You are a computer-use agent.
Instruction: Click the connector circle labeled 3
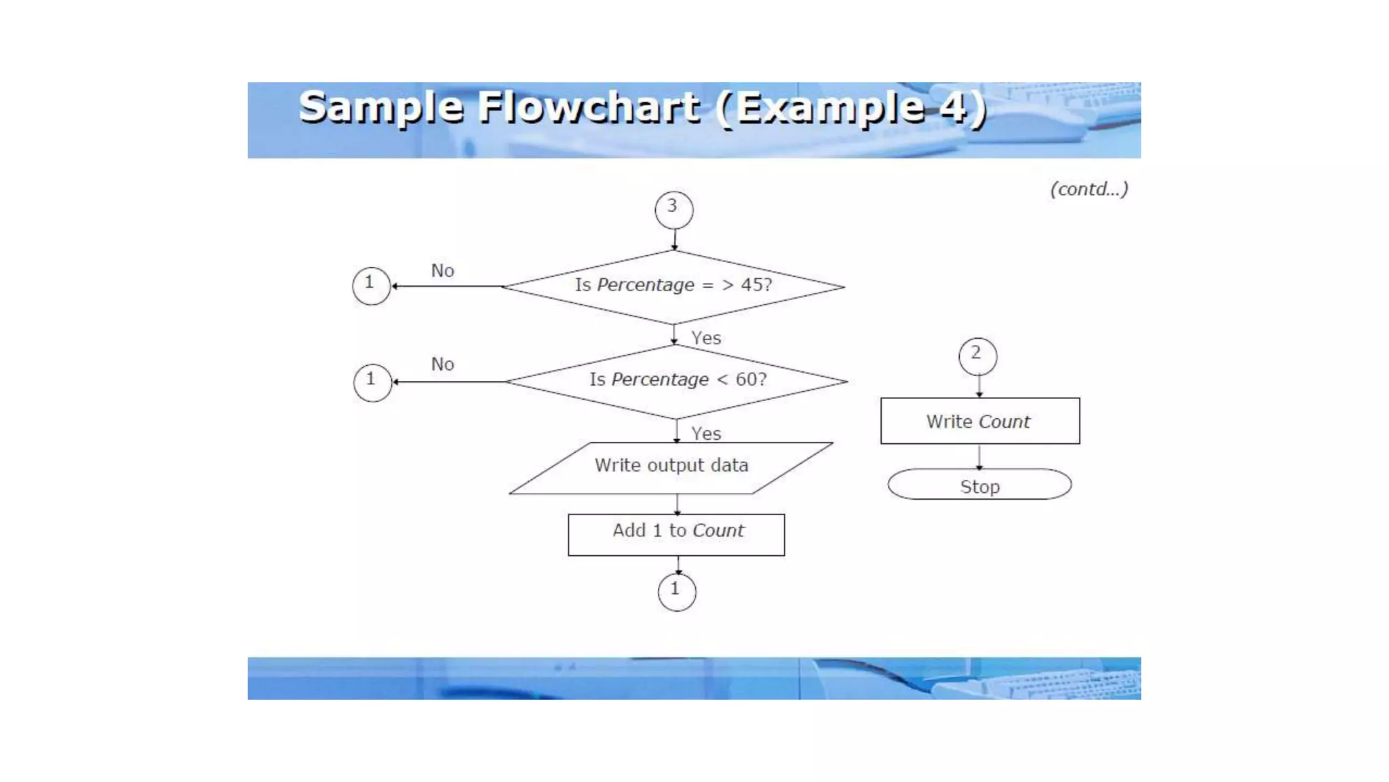(673, 209)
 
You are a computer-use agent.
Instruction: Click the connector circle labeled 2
(977, 356)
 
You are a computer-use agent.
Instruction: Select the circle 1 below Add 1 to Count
(676, 592)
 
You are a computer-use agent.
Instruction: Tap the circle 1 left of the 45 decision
(371, 286)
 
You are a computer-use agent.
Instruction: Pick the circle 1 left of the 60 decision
(372, 382)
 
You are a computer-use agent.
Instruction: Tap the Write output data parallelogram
(671, 468)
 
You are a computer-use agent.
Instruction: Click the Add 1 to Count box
(676, 535)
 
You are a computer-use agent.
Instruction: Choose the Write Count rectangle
(979, 421)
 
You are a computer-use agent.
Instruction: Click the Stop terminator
(979, 485)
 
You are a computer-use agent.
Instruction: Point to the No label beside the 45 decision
(443, 271)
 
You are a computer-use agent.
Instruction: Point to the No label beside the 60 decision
(443, 365)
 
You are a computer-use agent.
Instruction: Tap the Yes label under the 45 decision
(706, 338)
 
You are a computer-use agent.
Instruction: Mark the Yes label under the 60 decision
(706, 434)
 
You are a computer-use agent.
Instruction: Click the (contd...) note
(1089, 189)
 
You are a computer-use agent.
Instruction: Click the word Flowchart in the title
(589, 107)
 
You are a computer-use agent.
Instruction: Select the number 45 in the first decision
(751, 284)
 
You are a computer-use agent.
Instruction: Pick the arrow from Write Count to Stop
(979, 456)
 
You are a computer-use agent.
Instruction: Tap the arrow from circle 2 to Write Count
(979, 386)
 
